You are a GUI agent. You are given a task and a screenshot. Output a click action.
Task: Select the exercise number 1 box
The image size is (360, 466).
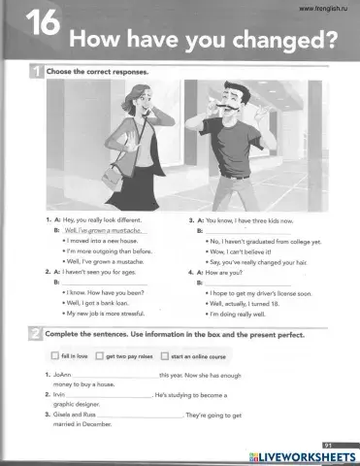click(35, 71)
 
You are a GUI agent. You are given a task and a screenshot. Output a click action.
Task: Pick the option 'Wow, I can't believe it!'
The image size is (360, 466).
click(244, 251)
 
